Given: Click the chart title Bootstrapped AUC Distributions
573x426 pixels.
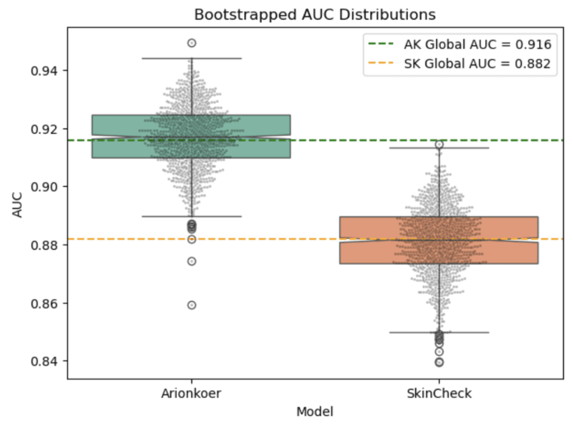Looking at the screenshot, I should pyautogui.click(x=315, y=15).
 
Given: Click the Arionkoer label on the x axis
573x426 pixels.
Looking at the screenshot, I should pyautogui.click(x=191, y=393).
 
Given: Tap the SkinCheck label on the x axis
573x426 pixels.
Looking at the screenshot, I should pyautogui.click(x=439, y=393).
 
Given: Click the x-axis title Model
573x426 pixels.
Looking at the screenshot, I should pyautogui.click(x=315, y=412).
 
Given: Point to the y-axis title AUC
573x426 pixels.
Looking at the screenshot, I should pyautogui.click(x=17, y=205).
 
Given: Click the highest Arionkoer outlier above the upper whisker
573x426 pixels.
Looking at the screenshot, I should pyautogui.click(x=192, y=43).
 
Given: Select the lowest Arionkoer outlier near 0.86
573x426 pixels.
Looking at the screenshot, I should pyautogui.click(x=192, y=305).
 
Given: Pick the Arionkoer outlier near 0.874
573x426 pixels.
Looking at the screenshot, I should pyautogui.click(x=192, y=261).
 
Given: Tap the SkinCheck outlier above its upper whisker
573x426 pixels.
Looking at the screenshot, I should pyautogui.click(x=439, y=144).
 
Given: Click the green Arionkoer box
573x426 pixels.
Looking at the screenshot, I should pyautogui.click(x=119, y=136).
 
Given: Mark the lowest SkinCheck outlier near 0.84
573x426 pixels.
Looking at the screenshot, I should pyautogui.click(x=439, y=362).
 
